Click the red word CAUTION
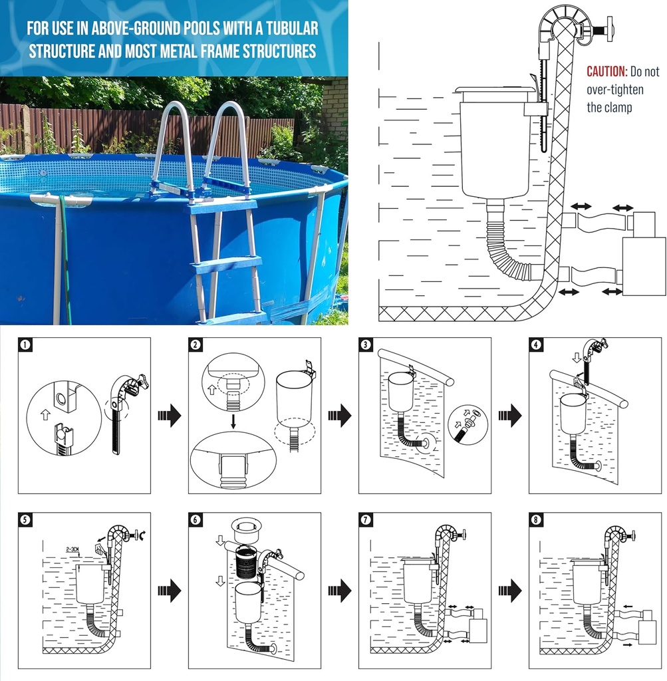coord(606,72)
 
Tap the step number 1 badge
coord(25,344)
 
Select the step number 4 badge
coord(536,344)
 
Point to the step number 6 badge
coord(196,520)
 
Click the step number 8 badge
coord(536,520)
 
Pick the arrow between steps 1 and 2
coord(170,416)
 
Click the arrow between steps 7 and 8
coord(510,589)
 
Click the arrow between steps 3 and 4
coord(510,416)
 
